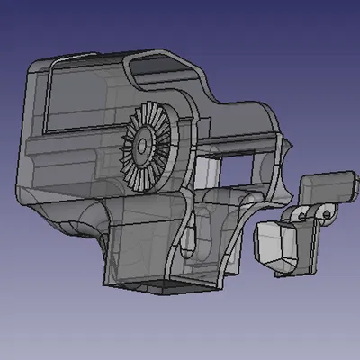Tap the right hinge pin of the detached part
322,211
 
